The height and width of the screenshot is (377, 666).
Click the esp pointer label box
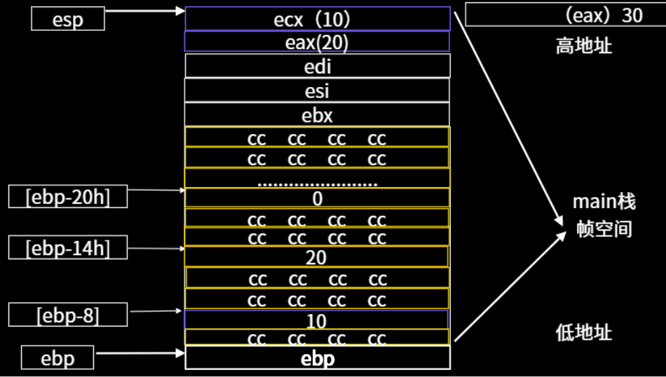(x=67, y=19)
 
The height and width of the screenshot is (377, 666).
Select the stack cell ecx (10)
(x=317, y=19)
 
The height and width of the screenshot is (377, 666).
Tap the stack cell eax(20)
(x=317, y=42)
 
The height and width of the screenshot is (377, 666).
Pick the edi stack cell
(x=317, y=66)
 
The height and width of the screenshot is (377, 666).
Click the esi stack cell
(x=317, y=90)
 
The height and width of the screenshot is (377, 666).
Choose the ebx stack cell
(x=317, y=114)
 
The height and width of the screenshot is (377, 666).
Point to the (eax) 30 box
(x=564, y=15)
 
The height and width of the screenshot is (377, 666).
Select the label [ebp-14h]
(x=67, y=247)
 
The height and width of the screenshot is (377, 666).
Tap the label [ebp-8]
(x=67, y=315)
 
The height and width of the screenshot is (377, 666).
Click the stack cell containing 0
(x=317, y=198)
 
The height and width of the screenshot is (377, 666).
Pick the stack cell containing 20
(x=317, y=257)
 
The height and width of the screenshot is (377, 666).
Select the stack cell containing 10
(x=317, y=320)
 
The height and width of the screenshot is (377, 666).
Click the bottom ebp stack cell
(x=317, y=359)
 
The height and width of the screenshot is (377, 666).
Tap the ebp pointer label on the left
(x=57, y=358)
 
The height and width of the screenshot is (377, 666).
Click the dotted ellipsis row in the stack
(x=317, y=180)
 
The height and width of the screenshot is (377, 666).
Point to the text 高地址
(x=583, y=47)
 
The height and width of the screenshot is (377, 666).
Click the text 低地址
(x=583, y=332)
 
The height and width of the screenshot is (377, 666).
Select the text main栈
(x=604, y=203)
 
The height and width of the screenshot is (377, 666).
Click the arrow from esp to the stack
(x=144, y=12)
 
